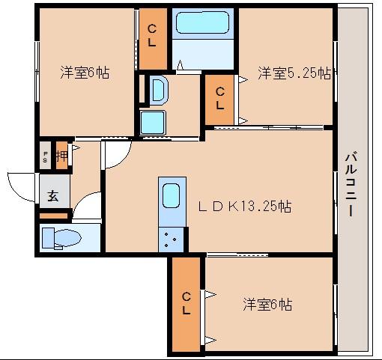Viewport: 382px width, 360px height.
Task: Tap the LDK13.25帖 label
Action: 243,207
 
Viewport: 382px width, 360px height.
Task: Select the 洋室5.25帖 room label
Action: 295,73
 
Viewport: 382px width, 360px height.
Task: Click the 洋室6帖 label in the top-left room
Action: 85,73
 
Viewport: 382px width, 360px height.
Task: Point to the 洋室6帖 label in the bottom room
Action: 267,305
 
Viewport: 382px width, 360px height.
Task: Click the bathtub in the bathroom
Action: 204,25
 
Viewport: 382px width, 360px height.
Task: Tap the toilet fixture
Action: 60,238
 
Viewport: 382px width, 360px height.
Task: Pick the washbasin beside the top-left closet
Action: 159,91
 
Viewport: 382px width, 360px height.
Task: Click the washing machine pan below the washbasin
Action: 153,121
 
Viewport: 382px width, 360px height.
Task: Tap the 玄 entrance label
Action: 53,196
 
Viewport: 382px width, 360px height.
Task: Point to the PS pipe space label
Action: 45,157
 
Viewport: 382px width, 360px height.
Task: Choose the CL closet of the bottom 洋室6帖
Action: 185,304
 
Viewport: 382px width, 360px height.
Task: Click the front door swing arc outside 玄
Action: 21,183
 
